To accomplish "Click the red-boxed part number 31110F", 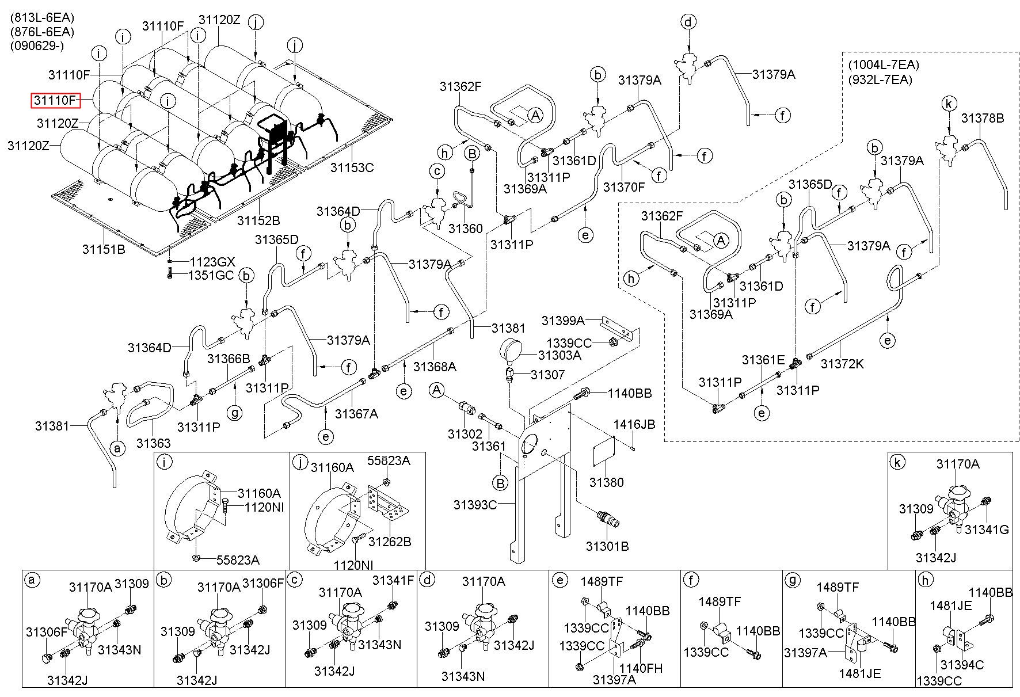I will click(55, 101).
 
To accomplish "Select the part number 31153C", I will click(352, 167).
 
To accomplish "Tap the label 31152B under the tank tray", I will click(258, 220).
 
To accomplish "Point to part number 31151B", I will click(104, 249).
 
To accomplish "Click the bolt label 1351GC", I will click(212, 275).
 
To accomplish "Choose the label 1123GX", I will click(212, 262).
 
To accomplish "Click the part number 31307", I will click(548, 375).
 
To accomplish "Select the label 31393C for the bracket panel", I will click(475, 505).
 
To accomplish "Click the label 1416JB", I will click(634, 424).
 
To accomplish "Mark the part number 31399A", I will click(563, 321).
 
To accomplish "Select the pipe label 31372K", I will click(842, 364).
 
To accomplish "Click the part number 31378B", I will click(982, 118).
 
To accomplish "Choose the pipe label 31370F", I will click(624, 187).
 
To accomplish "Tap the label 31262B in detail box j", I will click(390, 542).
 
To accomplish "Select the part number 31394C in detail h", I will click(962, 665).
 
